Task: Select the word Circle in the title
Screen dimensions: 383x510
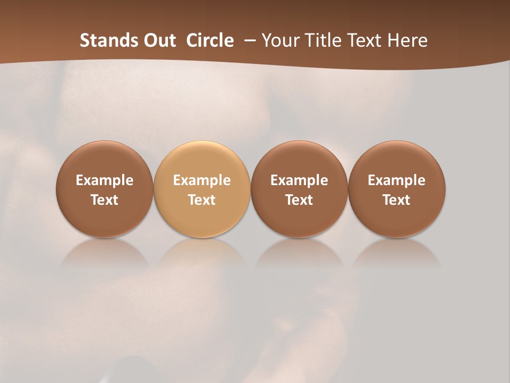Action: pyautogui.click(x=210, y=40)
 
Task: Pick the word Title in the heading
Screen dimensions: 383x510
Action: pyautogui.click(x=324, y=40)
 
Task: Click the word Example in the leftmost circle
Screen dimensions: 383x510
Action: pyautogui.click(x=105, y=180)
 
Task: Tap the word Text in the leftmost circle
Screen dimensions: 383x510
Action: pyautogui.click(x=105, y=200)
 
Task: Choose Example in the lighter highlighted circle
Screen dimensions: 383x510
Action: pyautogui.click(x=202, y=180)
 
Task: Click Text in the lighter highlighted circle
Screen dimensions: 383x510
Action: pyautogui.click(x=202, y=200)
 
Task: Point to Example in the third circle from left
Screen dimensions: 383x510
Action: pyautogui.click(x=299, y=180)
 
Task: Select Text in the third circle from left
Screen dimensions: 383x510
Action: pyautogui.click(x=299, y=200)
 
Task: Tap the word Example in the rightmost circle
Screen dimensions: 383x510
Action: pyautogui.click(x=396, y=180)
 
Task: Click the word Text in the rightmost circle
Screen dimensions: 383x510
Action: pyautogui.click(x=396, y=200)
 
